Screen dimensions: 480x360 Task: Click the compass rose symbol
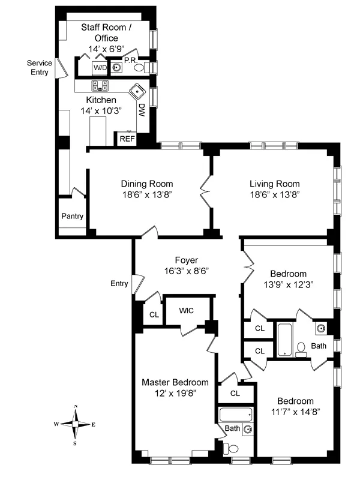(x=75, y=424)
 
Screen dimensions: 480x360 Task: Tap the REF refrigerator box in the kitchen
(x=127, y=139)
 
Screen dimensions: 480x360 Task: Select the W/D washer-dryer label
(x=99, y=67)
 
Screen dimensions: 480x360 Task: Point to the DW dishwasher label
(x=142, y=110)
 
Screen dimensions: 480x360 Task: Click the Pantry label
(x=72, y=217)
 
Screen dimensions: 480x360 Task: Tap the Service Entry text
(x=40, y=67)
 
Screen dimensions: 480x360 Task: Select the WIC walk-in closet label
(x=187, y=311)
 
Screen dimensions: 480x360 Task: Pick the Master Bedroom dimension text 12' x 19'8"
(x=175, y=393)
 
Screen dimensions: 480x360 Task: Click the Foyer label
(x=186, y=260)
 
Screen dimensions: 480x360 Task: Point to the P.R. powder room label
(x=131, y=60)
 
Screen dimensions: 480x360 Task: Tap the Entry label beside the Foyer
(x=120, y=283)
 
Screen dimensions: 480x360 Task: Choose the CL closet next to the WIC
(x=154, y=314)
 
